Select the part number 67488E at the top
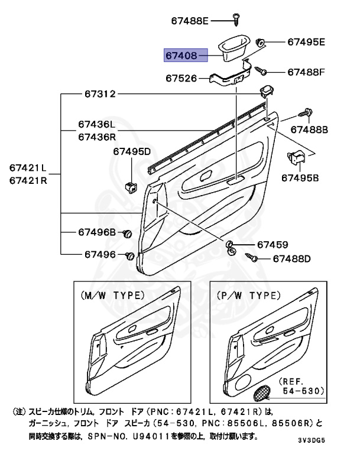click(190, 21)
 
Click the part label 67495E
click(306, 42)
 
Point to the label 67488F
click(306, 72)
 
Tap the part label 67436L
click(96, 125)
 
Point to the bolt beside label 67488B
click(306, 112)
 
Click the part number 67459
click(272, 245)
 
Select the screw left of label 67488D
click(251, 258)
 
